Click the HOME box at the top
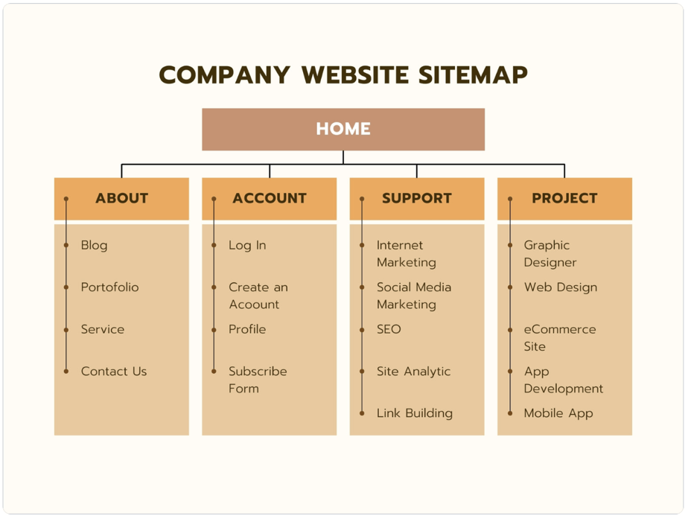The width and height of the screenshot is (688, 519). coord(343,129)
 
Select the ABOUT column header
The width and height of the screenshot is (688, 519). coord(121,198)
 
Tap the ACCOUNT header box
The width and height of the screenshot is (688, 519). coord(269,198)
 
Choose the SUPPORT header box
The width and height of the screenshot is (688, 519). coord(416,198)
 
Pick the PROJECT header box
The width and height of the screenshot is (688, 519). coord(564,198)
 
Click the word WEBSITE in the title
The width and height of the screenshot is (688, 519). coord(355,75)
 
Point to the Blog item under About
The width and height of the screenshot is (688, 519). coord(94,245)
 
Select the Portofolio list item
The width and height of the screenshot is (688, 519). coord(109,287)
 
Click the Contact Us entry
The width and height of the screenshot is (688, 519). coord(114,371)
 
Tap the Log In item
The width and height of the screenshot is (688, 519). coord(247,245)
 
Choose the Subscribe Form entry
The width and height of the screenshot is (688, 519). coord(258,379)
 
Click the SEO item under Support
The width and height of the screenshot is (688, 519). coord(389,329)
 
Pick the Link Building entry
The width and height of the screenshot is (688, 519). coord(414,413)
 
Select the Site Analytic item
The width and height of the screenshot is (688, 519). coord(413,371)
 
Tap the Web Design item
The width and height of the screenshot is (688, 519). coord(560,287)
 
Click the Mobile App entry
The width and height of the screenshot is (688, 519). coord(558,413)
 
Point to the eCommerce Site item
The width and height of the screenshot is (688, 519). coord(559,337)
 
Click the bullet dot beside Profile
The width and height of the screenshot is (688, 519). coord(214,329)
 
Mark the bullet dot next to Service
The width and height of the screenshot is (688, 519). coord(66,329)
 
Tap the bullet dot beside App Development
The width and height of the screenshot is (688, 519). coord(510,371)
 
